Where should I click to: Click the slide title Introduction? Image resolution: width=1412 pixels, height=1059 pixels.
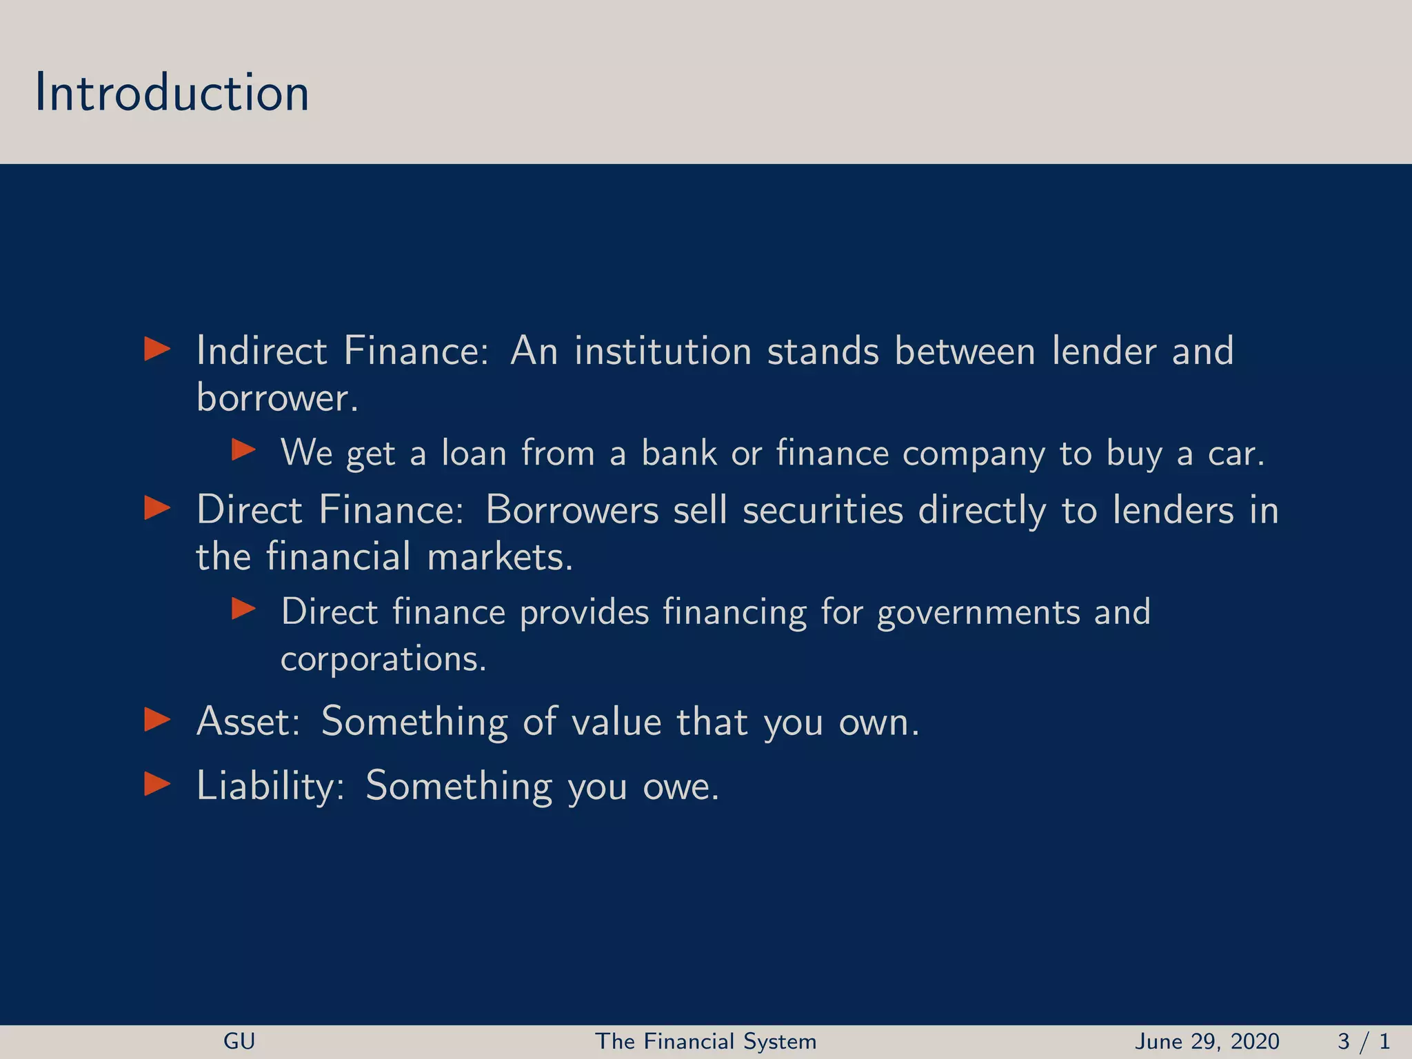click(x=172, y=92)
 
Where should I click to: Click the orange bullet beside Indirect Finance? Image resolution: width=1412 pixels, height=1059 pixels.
click(x=157, y=349)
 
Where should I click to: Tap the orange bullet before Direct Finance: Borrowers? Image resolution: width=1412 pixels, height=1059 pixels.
click(x=157, y=509)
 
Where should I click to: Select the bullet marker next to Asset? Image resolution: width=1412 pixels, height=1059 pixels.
click(x=157, y=720)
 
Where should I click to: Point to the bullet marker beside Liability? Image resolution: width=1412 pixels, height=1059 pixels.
click(x=157, y=784)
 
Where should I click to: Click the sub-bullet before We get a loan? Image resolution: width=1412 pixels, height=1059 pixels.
click(x=243, y=451)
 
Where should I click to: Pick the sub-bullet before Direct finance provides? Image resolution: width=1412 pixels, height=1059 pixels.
click(x=243, y=609)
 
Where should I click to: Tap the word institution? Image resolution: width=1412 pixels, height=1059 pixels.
click(x=663, y=350)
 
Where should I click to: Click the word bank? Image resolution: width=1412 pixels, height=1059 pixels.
click(x=679, y=453)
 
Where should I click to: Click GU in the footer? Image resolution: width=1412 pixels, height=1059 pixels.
click(x=239, y=1041)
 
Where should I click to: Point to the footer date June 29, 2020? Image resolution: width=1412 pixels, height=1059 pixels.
click(x=1207, y=1041)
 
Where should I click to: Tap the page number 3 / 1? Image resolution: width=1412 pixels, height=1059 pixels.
click(x=1363, y=1041)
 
